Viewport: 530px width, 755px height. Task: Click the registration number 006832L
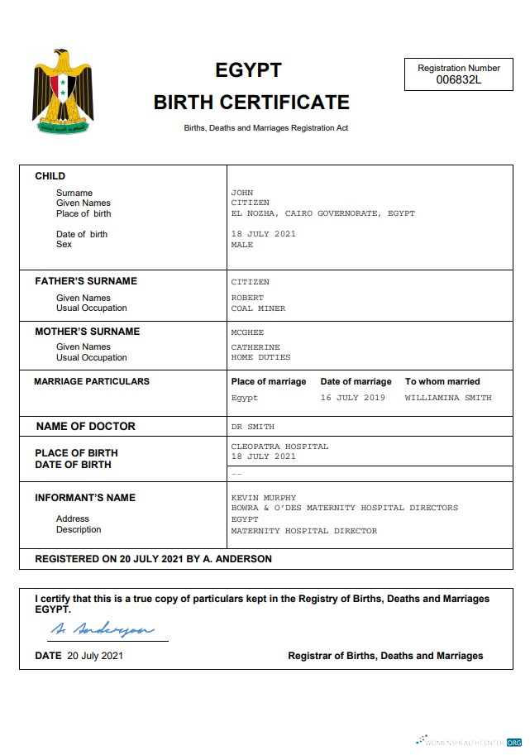(x=459, y=80)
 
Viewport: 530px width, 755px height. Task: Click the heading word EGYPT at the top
(x=248, y=70)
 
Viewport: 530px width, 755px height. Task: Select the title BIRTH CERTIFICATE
(x=251, y=103)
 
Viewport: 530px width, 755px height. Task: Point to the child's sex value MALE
(x=242, y=245)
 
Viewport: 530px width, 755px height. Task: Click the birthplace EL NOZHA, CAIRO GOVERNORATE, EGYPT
(x=322, y=213)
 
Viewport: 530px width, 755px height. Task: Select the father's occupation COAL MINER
(x=258, y=308)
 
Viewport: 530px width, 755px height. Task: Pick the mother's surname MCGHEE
(x=247, y=332)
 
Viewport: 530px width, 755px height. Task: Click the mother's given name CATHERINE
(x=255, y=347)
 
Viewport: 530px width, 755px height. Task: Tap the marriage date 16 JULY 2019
(x=352, y=398)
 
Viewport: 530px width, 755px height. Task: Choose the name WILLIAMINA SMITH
(x=447, y=398)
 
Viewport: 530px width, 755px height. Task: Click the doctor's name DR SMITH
(x=252, y=427)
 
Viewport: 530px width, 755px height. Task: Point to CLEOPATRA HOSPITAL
(x=279, y=447)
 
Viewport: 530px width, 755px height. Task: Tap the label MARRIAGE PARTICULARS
(x=92, y=381)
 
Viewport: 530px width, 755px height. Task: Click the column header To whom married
(x=442, y=381)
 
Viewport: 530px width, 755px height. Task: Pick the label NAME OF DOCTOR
(x=86, y=427)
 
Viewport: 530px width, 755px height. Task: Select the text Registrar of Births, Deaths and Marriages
(x=385, y=656)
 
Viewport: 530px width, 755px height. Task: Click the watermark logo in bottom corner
(x=469, y=742)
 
